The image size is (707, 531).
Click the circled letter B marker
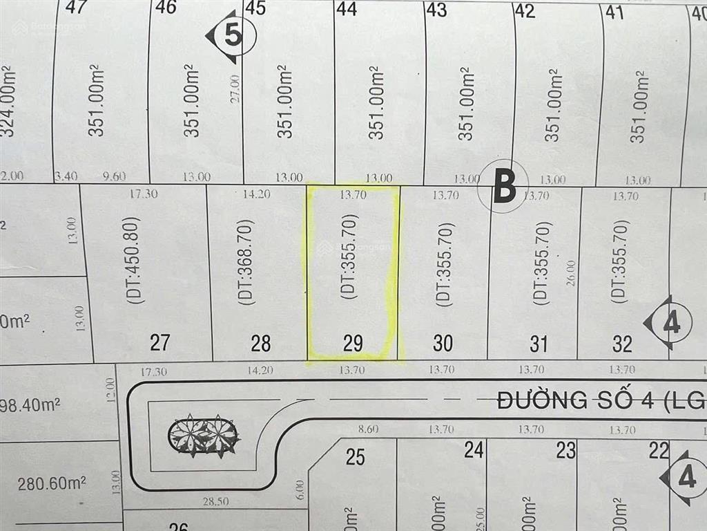[x=503, y=186]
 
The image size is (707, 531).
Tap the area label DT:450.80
[x=135, y=261]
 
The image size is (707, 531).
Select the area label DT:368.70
[x=246, y=262]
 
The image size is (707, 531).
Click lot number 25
[x=355, y=456]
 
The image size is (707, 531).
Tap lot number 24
[x=473, y=451]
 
